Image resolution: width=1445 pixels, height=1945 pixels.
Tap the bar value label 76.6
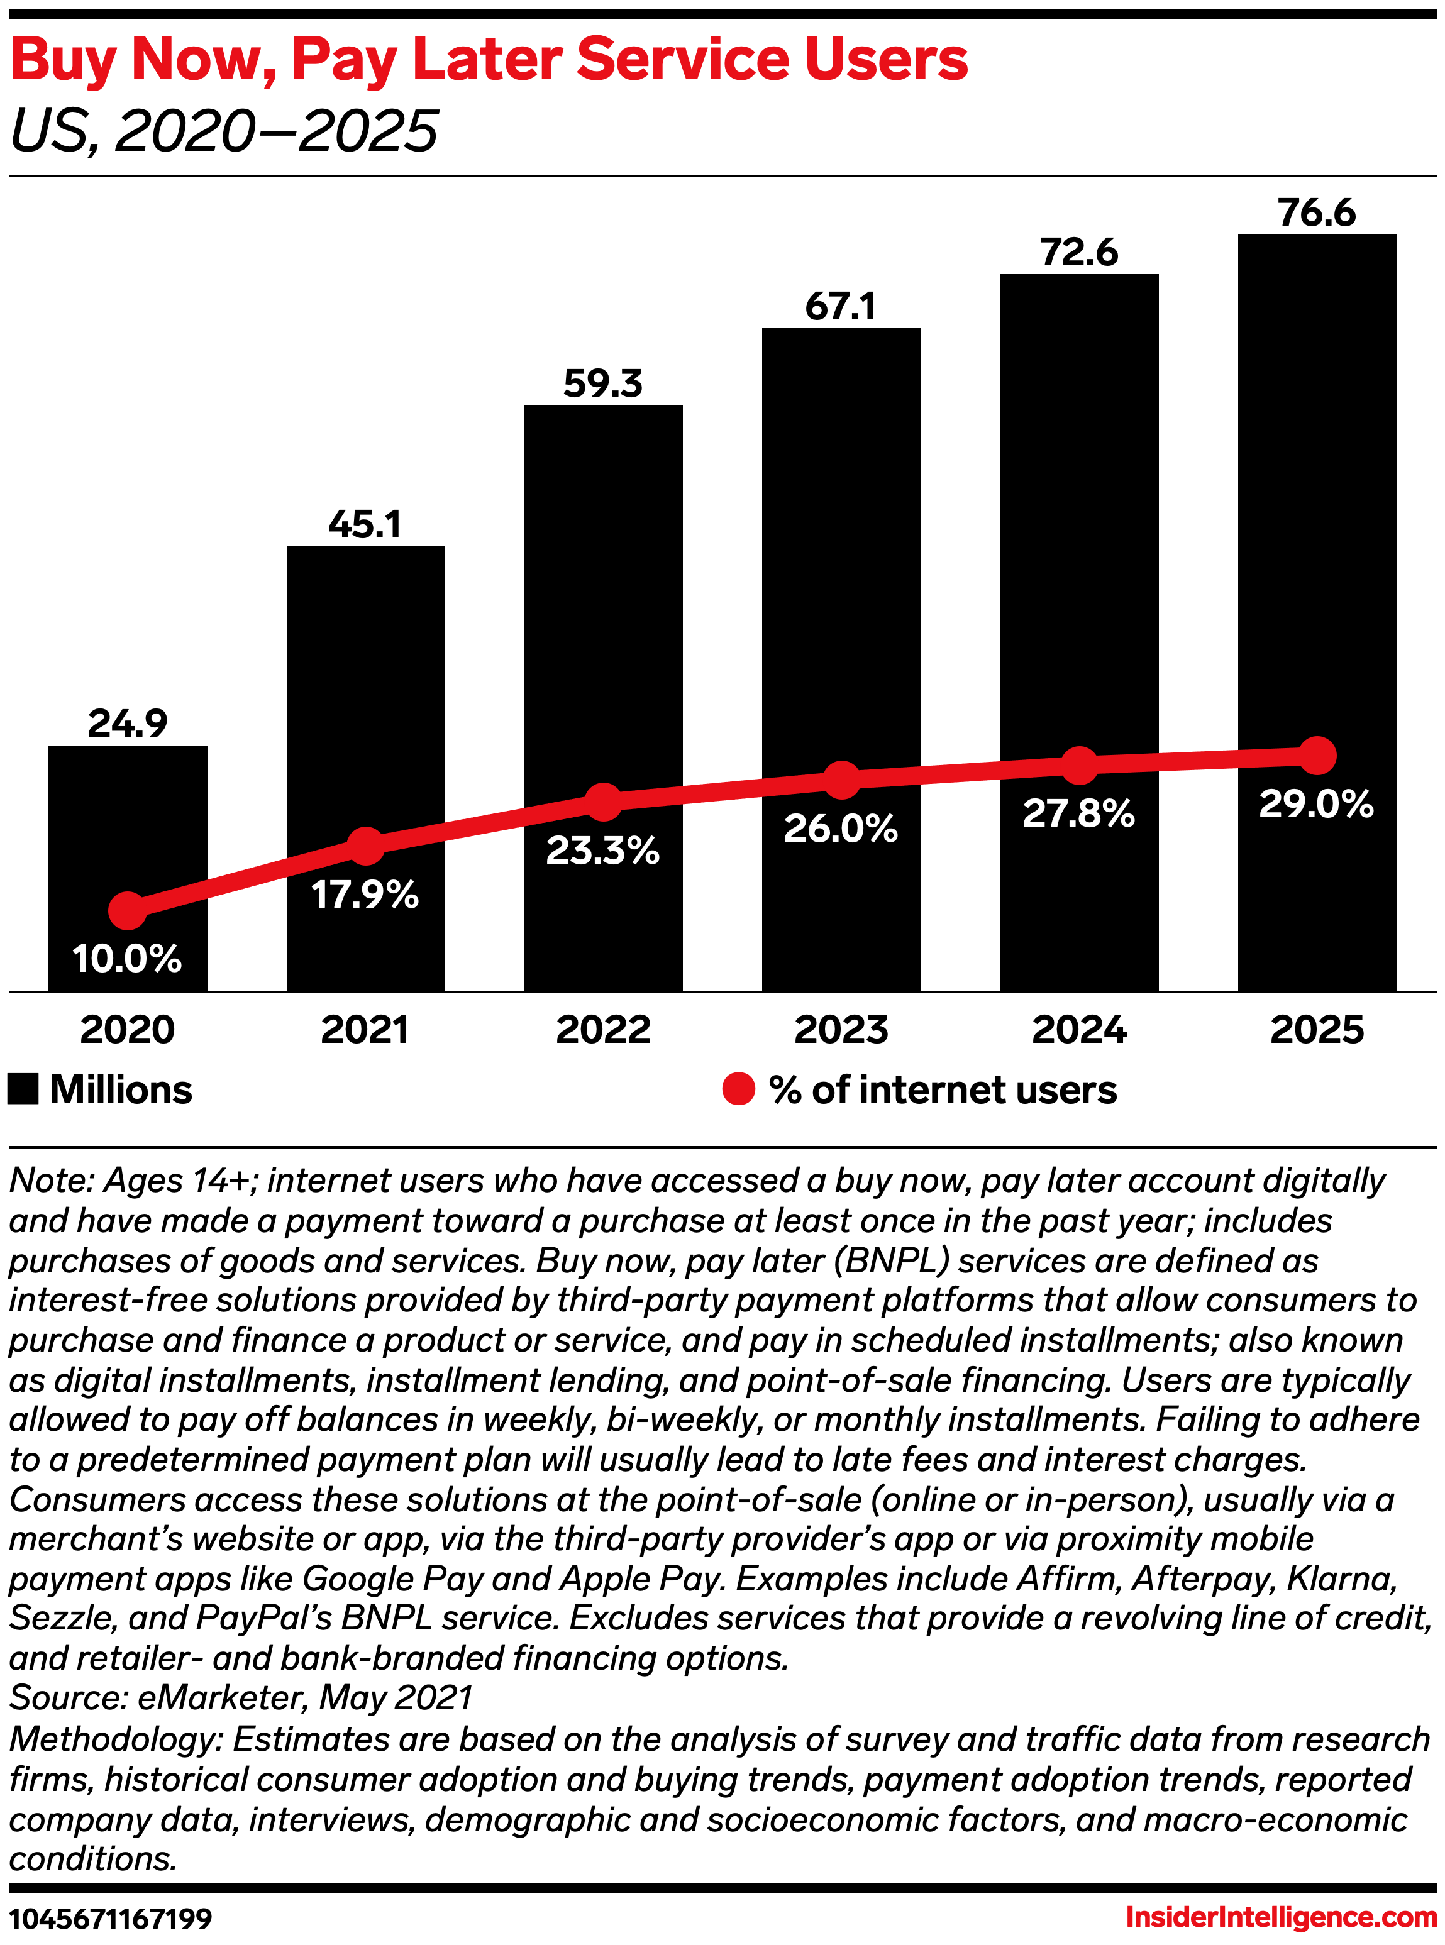pos(1317,212)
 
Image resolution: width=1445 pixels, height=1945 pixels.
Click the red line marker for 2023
pos(841,780)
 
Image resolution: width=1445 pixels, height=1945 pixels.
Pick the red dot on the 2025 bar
pos(1317,755)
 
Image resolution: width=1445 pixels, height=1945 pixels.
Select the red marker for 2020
pos(128,910)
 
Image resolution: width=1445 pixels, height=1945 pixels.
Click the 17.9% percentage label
pos(365,895)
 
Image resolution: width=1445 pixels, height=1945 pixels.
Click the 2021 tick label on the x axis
pos(365,1029)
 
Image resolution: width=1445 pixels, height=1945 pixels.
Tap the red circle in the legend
pos(738,1089)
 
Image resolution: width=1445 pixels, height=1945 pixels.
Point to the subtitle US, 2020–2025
pos(223,131)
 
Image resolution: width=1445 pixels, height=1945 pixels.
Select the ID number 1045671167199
pos(111,1919)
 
